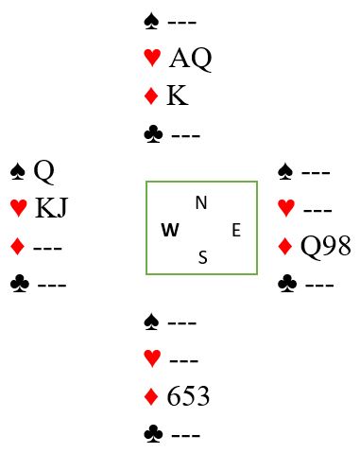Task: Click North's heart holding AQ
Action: point(191,59)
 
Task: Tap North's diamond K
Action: point(178,96)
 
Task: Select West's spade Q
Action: point(43,172)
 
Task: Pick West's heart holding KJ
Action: point(51,208)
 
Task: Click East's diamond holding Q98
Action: point(325,246)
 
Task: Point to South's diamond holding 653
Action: point(188,396)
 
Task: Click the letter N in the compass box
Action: point(201,202)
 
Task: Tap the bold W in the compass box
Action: point(170,230)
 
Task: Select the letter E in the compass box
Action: point(236,230)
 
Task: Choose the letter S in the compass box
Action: point(203,257)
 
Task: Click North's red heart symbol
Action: point(152,58)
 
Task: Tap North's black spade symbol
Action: point(151,22)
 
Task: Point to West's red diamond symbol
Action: point(17,246)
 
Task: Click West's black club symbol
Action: point(20,284)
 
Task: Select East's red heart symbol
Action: point(286,208)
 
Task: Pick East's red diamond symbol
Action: point(285,246)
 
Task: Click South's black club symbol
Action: point(153,434)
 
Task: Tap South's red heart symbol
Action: point(152,358)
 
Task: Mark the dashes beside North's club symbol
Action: point(186,136)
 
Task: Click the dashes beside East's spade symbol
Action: point(316,173)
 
